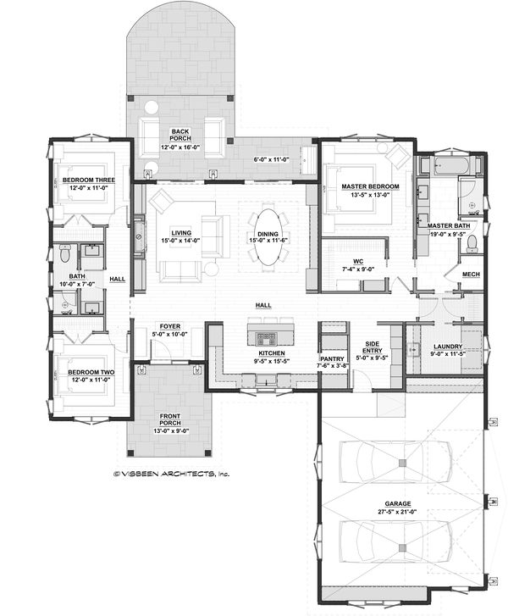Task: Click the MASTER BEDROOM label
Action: [x=365, y=185]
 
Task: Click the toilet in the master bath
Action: [x=472, y=244]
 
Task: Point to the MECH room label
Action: [x=471, y=275]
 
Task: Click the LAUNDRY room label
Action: [x=446, y=346]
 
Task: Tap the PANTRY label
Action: [x=331, y=358]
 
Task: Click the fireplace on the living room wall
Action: [x=140, y=240]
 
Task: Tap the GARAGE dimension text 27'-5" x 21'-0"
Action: [x=398, y=512]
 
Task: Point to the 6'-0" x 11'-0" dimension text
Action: [x=271, y=159]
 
